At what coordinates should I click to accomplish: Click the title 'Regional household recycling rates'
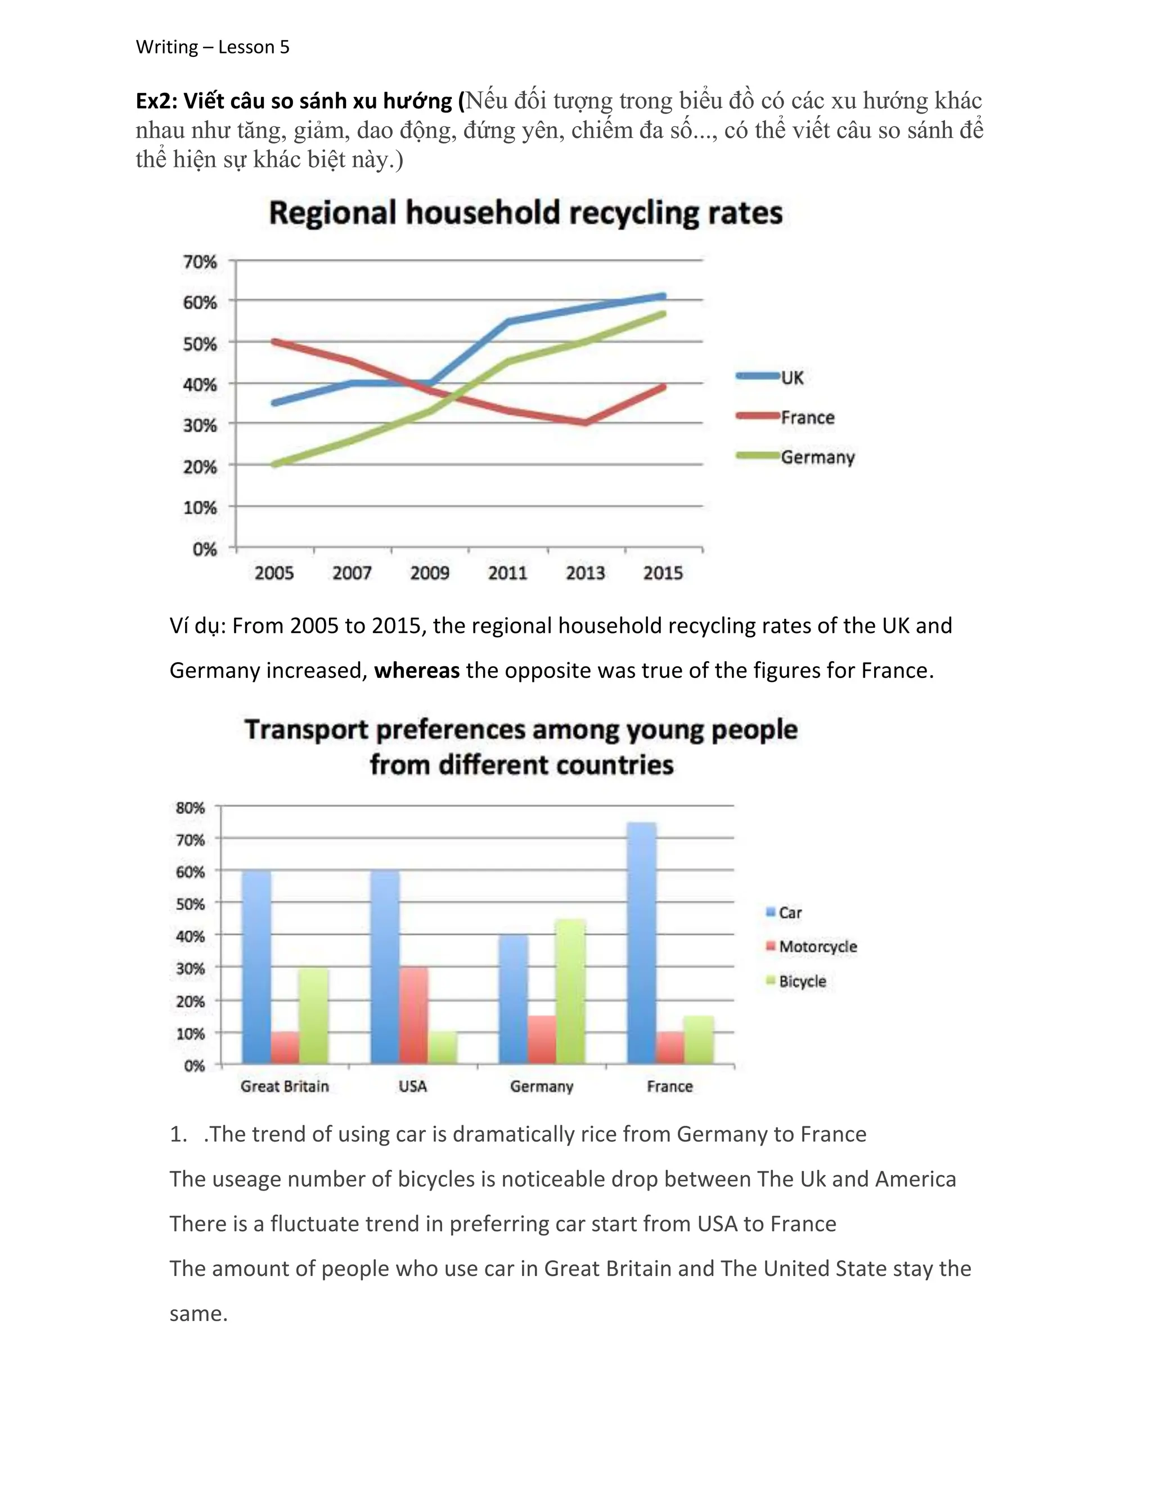[525, 213]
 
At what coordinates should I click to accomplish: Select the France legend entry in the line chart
[807, 417]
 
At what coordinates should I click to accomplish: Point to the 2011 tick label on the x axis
[507, 573]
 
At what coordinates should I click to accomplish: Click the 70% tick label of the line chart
[200, 262]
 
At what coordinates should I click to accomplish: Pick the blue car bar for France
[641, 943]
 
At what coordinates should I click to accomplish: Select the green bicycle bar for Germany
[570, 991]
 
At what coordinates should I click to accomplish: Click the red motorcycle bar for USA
[414, 1015]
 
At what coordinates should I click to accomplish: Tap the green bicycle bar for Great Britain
[313, 1015]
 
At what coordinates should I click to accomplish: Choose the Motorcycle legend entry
[817, 946]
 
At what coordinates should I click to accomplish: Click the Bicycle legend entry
[802, 981]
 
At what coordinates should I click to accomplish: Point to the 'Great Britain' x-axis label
[285, 1086]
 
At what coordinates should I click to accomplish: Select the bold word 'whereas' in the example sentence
[416, 671]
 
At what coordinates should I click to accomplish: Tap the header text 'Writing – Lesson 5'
[212, 47]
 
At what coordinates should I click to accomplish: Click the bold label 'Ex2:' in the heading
[157, 101]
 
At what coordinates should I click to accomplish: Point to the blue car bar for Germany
[513, 999]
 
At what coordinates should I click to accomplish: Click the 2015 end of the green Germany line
[663, 314]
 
